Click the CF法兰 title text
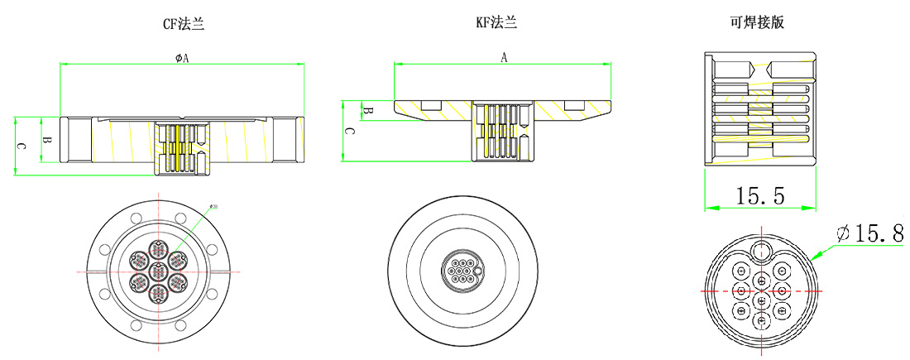pyautogui.click(x=183, y=25)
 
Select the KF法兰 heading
pyautogui.click(x=496, y=23)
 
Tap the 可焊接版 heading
pyautogui.click(x=757, y=23)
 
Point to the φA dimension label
pyautogui.click(x=182, y=58)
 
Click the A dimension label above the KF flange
pyautogui.click(x=504, y=57)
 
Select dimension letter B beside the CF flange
pyautogui.click(x=47, y=142)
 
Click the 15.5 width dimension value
pyautogui.click(x=760, y=196)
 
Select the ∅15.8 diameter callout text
pyautogui.click(x=869, y=235)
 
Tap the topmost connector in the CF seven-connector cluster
pyautogui.click(x=156, y=249)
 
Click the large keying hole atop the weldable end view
pyautogui.click(x=759, y=252)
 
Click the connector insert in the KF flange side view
pyautogui.click(x=501, y=130)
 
